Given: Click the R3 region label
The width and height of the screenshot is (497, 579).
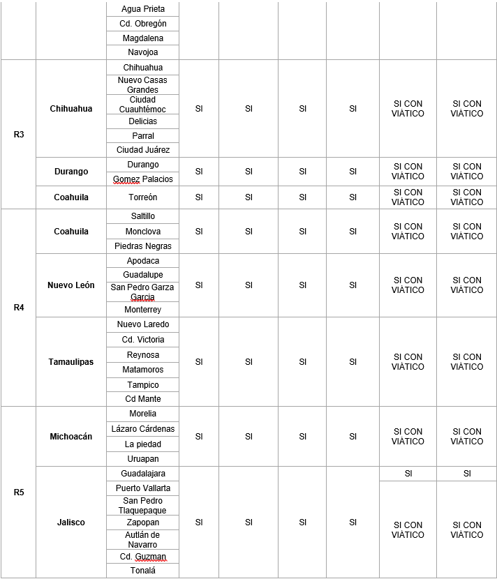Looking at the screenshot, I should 19,134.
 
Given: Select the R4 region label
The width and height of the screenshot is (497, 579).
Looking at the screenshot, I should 19,307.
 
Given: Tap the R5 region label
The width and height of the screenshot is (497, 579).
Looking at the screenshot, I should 19,492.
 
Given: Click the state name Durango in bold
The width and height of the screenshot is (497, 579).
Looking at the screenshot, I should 71,172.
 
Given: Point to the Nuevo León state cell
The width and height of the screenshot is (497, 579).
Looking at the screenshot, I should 71,285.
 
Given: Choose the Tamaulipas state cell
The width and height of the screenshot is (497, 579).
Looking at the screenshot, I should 71,361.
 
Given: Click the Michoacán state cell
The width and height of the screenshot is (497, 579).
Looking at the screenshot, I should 71,437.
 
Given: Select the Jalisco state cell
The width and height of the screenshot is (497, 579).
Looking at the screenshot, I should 71,522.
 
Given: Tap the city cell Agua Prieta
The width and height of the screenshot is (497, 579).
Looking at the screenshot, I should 143,9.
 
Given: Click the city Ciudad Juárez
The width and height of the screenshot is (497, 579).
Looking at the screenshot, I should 143,150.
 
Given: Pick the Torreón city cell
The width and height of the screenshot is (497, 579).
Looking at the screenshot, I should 143,197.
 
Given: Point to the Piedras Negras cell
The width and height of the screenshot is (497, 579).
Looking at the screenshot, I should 143,246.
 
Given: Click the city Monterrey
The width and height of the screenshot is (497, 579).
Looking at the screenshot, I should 143,310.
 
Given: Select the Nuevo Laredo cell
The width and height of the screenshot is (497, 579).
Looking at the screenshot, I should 143,324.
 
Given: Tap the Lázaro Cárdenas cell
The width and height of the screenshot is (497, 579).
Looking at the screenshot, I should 143,428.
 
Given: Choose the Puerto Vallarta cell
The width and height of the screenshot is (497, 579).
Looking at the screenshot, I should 143,488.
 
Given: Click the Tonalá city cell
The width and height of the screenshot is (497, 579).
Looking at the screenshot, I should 143,571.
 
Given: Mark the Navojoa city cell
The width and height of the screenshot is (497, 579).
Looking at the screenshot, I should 143,52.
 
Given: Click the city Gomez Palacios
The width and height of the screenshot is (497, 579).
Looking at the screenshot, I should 143,179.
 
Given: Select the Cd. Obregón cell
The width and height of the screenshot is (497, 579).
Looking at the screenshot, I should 143,24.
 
